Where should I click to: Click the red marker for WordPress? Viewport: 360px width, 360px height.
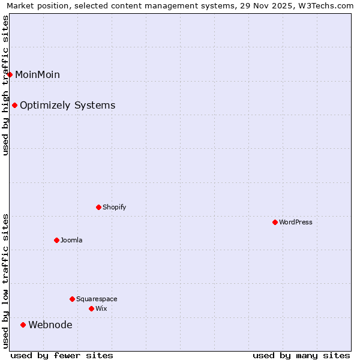pyautogui.click(x=275, y=222)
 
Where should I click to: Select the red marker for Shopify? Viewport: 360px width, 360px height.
pyautogui.click(x=98, y=207)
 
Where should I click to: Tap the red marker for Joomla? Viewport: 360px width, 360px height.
pyautogui.click(x=56, y=240)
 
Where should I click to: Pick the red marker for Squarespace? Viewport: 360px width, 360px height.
pyautogui.click(x=72, y=299)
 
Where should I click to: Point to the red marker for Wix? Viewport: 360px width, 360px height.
pyautogui.click(x=91, y=308)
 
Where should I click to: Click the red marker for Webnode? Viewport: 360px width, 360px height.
pyautogui.click(x=23, y=325)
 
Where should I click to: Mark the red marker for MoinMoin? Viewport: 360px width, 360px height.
pyautogui.click(x=10, y=74)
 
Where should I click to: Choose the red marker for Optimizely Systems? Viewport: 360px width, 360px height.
pyautogui.click(x=14, y=105)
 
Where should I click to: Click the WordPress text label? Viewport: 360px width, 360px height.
pyautogui.click(x=296, y=222)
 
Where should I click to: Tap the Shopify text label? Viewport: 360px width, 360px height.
pyautogui.click(x=115, y=207)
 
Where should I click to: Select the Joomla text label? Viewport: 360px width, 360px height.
pyautogui.click(x=71, y=240)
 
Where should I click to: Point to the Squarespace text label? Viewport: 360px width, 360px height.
pyautogui.click(x=97, y=299)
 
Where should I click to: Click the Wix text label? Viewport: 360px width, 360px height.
pyautogui.click(x=101, y=308)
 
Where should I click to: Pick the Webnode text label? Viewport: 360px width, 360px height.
pyautogui.click(x=50, y=325)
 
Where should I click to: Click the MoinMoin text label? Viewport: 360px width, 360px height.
pyautogui.click(x=37, y=74)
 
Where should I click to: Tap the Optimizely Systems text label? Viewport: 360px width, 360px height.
pyautogui.click(x=67, y=105)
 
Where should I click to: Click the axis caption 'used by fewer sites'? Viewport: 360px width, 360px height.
pyautogui.click(x=62, y=355)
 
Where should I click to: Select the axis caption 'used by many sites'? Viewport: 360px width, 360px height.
pyautogui.click(x=301, y=355)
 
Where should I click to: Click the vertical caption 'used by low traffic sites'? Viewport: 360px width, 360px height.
pyautogui.click(x=5, y=280)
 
